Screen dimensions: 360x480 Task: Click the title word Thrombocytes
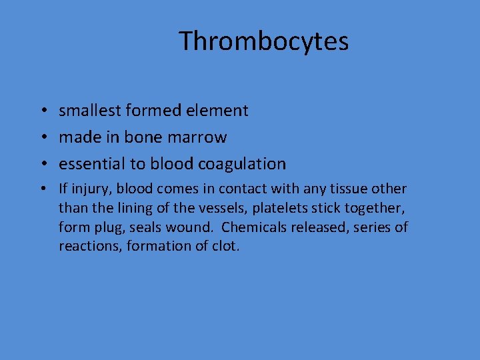coord(263,41)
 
